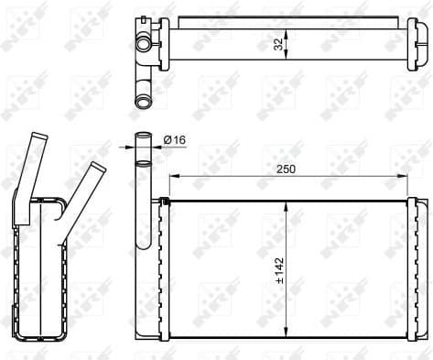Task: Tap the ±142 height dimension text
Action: click(x=279, y=270)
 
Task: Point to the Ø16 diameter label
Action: click(x=175, y=140)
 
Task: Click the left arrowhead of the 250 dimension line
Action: click(x=174, y=177)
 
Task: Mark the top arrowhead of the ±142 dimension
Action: click(x=288, y=206)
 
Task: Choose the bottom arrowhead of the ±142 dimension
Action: click(x=288, y=334)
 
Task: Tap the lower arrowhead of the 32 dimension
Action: click(x=288, y=58)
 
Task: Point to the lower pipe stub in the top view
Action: click(x=142, y=99)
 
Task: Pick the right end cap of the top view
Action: click(x=420, y=40)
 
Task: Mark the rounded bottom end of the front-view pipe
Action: click(x=146, y=245)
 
